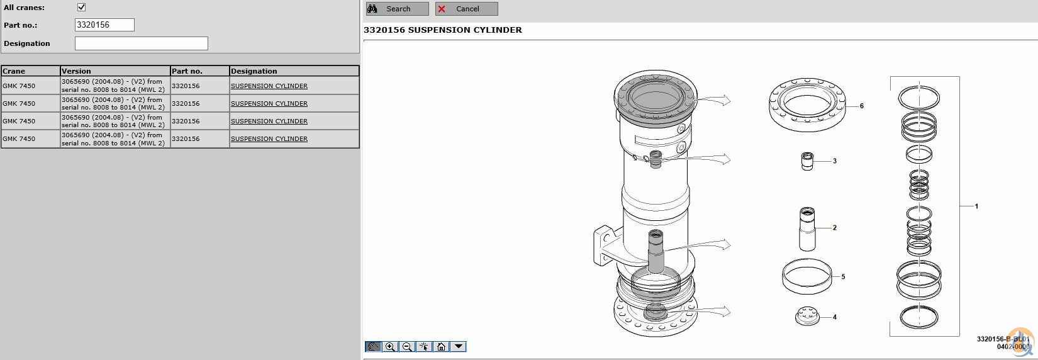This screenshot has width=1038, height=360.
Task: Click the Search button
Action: (x=397, y=9)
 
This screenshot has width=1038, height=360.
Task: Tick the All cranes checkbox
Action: (x=82, y=7)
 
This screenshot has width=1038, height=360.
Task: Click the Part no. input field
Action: (x=104, y=25)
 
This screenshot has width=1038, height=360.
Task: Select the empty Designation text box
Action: (x=142, y=43)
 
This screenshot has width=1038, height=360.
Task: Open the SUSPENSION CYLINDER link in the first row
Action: (x=269, y=86)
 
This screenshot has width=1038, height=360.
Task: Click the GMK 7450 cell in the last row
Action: (x=19, y=138)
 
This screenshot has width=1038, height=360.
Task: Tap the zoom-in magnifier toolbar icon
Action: (x=390, y=347)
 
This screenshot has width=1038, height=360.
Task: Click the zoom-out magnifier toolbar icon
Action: (x=407, y=347)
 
